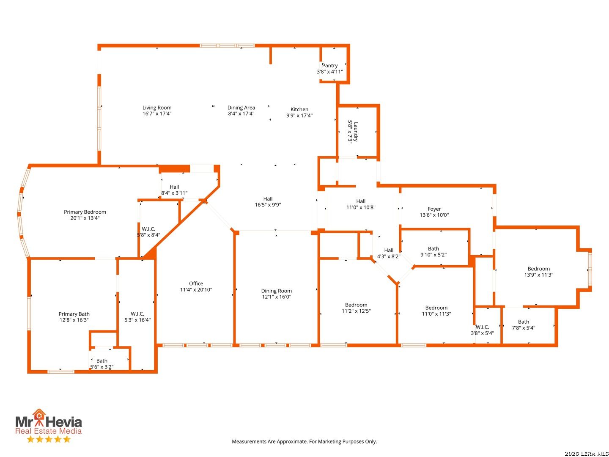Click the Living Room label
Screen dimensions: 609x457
157,107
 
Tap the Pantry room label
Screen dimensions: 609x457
329,66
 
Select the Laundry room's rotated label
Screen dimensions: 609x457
356,132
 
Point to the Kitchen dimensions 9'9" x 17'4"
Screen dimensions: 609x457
299,116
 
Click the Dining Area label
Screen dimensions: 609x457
241,107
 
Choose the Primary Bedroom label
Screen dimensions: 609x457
85,212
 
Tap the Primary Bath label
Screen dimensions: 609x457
74,314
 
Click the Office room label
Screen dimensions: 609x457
196,284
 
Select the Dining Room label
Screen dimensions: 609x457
276,291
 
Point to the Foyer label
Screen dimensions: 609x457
434,209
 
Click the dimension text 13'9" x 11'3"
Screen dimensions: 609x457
538,275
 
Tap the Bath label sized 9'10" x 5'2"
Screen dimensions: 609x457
433,249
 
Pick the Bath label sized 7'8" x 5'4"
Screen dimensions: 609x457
524,322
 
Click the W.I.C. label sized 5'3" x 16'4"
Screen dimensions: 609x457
137,314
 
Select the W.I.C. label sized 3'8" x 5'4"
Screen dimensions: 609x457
482,327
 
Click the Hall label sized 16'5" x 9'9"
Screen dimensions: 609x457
268,199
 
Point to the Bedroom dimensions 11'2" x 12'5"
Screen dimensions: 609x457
356,311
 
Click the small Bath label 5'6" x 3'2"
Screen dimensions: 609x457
102,361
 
